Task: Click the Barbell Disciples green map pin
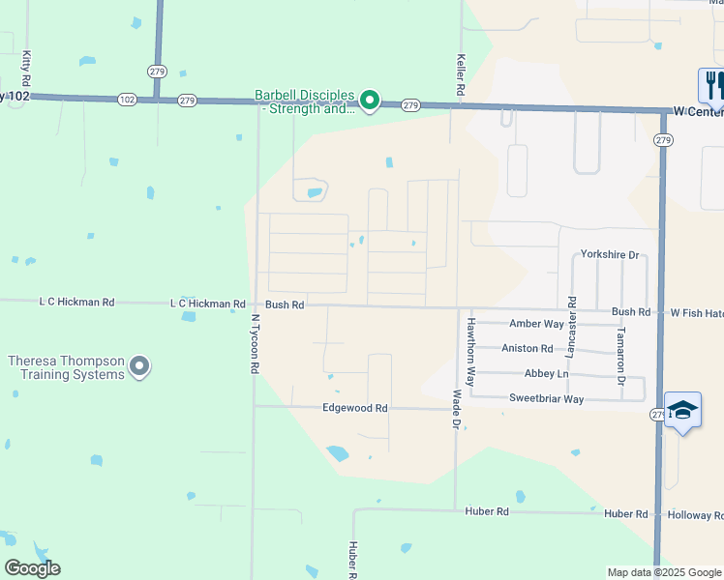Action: point(369,100)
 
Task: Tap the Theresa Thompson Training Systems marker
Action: point(140,366)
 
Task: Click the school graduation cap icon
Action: point(682,409)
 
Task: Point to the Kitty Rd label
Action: point(26,68)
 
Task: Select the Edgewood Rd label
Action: point(354,408)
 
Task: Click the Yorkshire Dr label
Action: point(610,254)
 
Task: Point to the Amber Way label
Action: point(536,324)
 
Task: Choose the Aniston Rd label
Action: point(527,348)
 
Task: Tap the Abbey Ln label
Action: point(547,374)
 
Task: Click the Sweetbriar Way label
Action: point(546,398)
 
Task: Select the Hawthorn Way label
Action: point(470,352)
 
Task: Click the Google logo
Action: point(32,567)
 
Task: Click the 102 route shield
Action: point(128,99)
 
